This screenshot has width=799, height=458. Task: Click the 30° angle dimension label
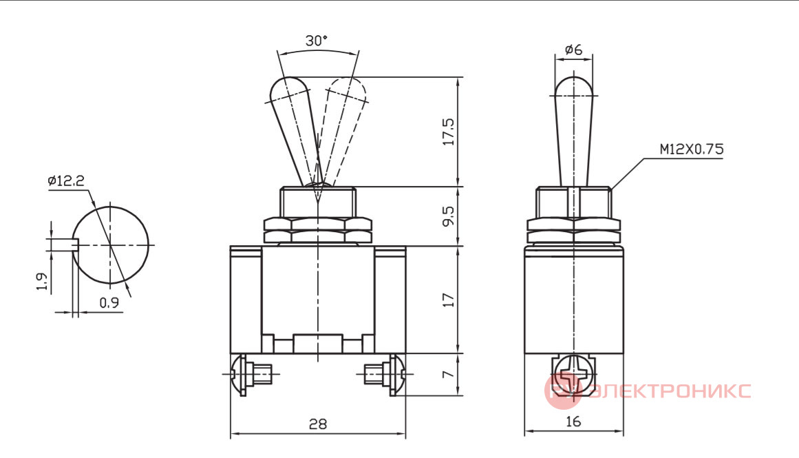(317, 41)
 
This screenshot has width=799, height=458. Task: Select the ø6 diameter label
(574, 50)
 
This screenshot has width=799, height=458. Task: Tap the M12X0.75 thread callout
(692, 149)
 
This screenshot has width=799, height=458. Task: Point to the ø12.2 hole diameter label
(66, 180)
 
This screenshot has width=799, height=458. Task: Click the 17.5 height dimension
(449, 132)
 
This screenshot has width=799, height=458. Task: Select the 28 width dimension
(318, 424)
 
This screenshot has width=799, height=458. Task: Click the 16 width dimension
(573, 421)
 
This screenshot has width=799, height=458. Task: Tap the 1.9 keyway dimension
(42, 282)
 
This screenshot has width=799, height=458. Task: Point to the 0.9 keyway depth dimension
(109, 303)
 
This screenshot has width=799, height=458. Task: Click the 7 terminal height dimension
(448, 375)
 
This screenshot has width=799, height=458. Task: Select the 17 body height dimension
(449, 300)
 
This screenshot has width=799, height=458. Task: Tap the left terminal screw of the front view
(251, 375)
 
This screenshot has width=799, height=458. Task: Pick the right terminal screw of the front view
(385, 375)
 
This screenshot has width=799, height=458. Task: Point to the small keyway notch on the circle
(75, 244)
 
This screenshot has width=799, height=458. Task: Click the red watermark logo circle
(562, 391)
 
